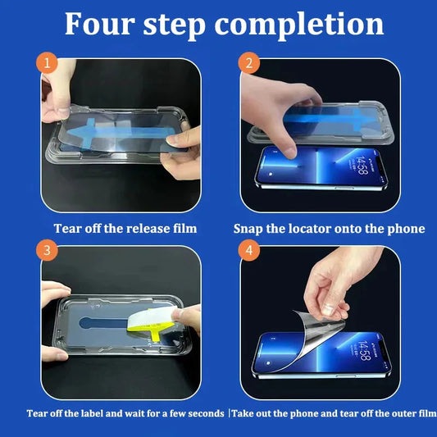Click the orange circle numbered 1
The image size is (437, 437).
[x=47, y=62]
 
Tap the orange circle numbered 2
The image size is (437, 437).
[x=249, y=62]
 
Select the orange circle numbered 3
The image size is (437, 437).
[x=47, y=250]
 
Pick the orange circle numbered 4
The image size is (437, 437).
[x=249, y=250]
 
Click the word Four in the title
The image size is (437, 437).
[x=100, y=24]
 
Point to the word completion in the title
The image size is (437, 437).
[x=299, y=25]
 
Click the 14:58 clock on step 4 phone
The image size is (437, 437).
[x=364, y=350]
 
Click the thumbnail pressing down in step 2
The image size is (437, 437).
[x=290, y=152]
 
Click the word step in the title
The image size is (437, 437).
[x=175, y=25]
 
